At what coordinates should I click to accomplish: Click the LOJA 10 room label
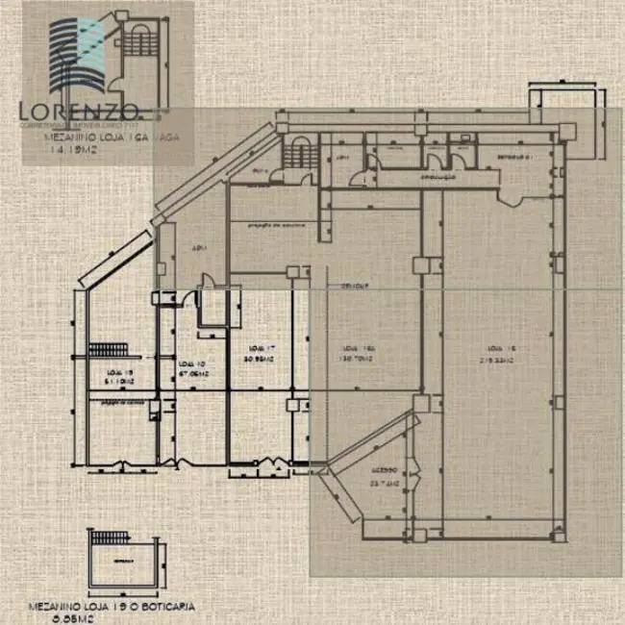[192, 362]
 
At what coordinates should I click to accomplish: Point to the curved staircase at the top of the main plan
[299, 153]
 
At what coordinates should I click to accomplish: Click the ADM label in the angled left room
[199, 247]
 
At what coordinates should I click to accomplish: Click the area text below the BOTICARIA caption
[101, 618]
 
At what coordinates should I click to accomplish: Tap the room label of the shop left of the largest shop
[357, 348]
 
